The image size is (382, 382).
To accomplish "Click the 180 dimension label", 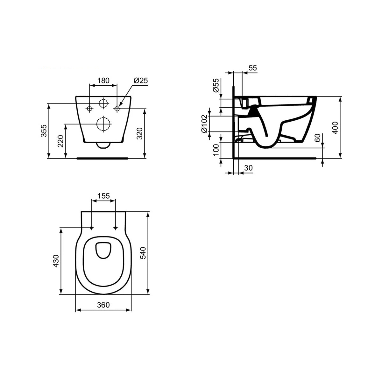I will click(x=103, y=81).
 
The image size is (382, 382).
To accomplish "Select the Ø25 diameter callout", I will click(x=141, y=81).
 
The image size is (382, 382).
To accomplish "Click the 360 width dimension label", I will click(x=103, y=305).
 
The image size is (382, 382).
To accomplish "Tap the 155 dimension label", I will click(x=103, y=196).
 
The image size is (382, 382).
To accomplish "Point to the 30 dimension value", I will click(x=249, y=168).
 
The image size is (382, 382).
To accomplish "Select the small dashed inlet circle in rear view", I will click(x=103, y=103).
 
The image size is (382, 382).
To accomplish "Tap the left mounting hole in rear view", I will click(x=90, y=109).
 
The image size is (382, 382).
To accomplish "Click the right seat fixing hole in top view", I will click(x=115, y=228).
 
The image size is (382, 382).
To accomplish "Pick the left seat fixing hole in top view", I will click(x=92, y=228).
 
